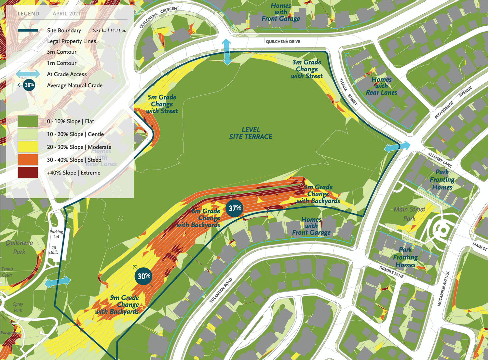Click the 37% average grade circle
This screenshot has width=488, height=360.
tap(235, 208)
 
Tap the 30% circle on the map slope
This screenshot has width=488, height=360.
tap(144, 276)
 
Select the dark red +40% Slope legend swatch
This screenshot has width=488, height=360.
tap(28, 173)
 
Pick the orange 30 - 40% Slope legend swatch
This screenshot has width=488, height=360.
tap(28, 160)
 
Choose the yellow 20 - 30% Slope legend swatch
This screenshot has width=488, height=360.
tap(28, 147)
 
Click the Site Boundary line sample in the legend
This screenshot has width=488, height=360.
tap(28, 30)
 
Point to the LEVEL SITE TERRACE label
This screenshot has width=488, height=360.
tap(251, 133)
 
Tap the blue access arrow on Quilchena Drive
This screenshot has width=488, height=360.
tap(227, 51)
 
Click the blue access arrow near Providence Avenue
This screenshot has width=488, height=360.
tap(397, 147)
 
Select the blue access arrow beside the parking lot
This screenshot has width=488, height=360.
tap(58, 282)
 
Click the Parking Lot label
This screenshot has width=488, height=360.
tap(56, 234)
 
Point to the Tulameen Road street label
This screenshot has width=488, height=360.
tap(221, 290)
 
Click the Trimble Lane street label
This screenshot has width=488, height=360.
tap(391, 271)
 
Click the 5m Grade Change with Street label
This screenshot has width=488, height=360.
tap(162, 104)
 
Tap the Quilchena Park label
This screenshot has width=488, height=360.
tap(19, 247)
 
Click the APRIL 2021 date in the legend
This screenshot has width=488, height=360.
tap(66, 14)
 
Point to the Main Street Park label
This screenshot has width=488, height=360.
tap(409, 214)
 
